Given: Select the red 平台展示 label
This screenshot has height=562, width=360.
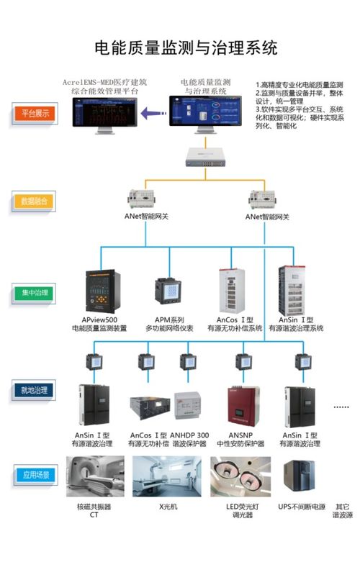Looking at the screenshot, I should tap(34, 114).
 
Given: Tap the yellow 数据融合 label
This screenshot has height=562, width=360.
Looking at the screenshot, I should tap(34, 201).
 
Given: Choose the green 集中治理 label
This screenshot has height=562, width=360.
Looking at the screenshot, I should tap(34, 293).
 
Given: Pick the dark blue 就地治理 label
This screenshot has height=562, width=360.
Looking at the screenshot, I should tap(34, 389).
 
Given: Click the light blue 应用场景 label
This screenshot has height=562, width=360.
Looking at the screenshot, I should tap(34, 476).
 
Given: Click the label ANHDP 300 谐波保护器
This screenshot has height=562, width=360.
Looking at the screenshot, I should tap(190, 440).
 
